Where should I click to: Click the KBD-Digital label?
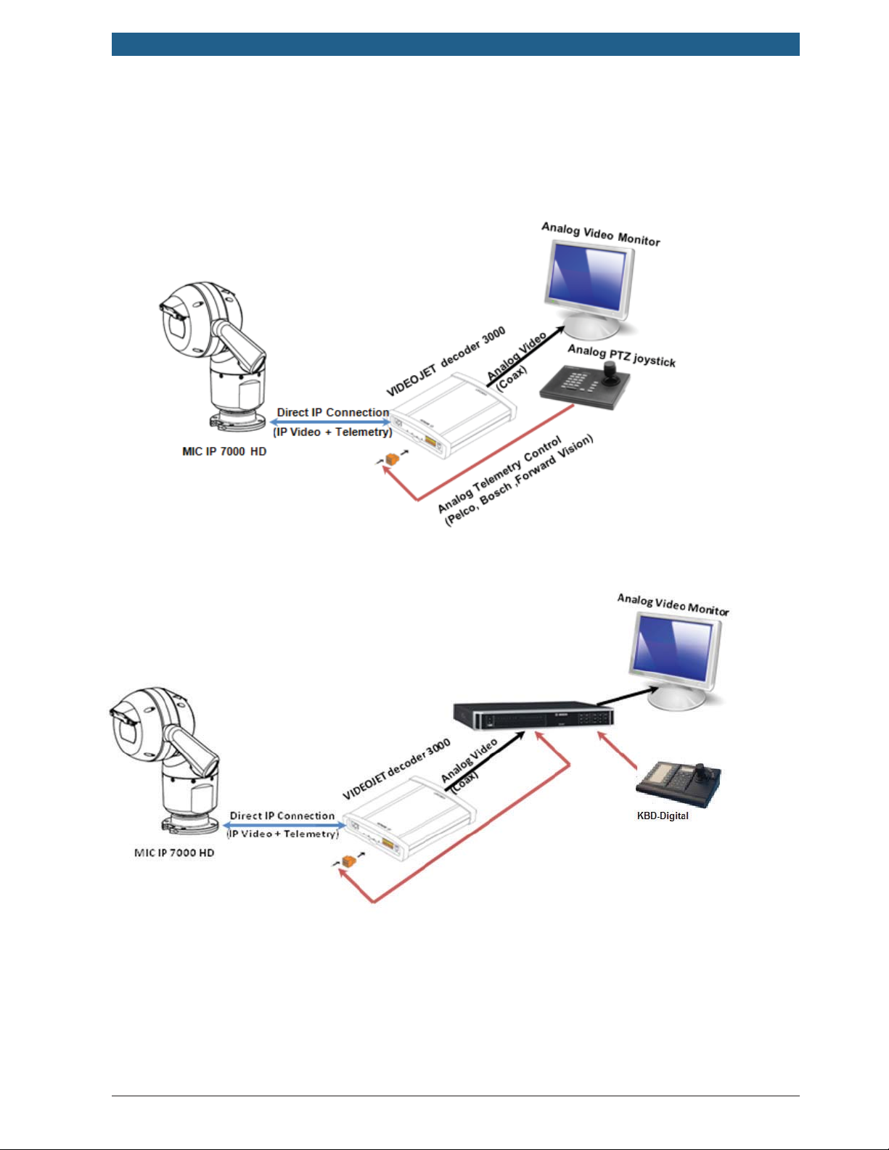[663, 816]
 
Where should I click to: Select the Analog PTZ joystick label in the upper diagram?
[621, 356]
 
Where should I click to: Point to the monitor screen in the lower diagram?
[672, 647]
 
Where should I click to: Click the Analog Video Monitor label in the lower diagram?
[673, 604]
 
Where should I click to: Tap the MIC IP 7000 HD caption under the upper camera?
[224, 451]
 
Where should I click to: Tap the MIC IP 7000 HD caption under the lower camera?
[174, 853]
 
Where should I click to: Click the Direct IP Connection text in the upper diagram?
[333, 412]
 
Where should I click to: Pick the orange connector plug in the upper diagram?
[393, 459]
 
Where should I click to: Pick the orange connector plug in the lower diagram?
[348, 861]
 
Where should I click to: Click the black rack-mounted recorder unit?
[533, 714]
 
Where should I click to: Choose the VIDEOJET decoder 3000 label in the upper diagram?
[446, 362]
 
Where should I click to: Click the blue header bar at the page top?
[455, 44]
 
